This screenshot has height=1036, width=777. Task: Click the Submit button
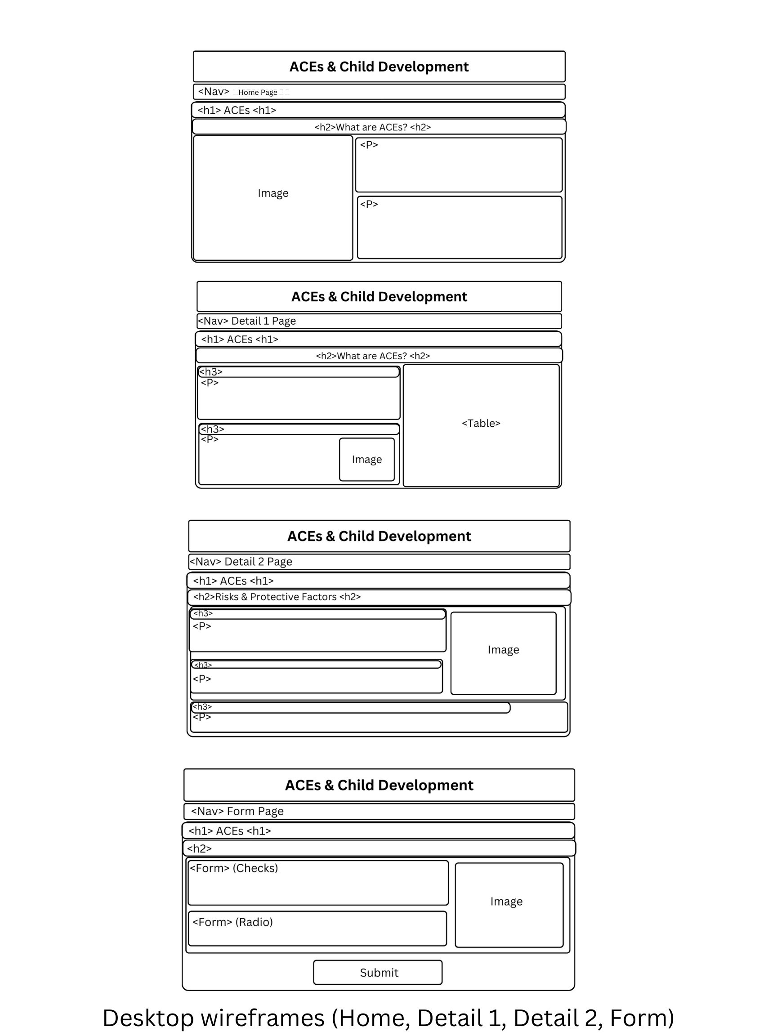(379, 972)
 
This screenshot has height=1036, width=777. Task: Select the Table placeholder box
(481, 424)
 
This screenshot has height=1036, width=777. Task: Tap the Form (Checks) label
(234, 868)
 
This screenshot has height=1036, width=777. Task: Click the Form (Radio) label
(232, 922)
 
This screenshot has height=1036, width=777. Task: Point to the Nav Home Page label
(244, 92)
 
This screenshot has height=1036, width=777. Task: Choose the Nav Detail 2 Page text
(241, 561)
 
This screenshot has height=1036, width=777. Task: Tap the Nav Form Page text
(237, 811)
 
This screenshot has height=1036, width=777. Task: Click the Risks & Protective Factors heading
(277, 597)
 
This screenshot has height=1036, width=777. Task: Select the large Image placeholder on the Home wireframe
(273, 193)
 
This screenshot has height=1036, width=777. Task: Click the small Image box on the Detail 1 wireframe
(367, 460)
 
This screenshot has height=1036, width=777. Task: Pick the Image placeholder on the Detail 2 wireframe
(503, 650)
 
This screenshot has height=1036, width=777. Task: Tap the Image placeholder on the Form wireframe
(506, 902)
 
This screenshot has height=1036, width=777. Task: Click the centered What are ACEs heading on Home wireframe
(372, 127)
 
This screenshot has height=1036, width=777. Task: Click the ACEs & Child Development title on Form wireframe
(379, 785)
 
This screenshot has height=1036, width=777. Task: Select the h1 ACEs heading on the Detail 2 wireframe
(233, 581)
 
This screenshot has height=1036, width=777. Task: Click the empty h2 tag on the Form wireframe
(200, 848)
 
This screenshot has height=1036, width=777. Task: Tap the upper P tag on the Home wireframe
(369, 145)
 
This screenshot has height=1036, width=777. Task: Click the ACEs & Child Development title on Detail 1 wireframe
(379, 296)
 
